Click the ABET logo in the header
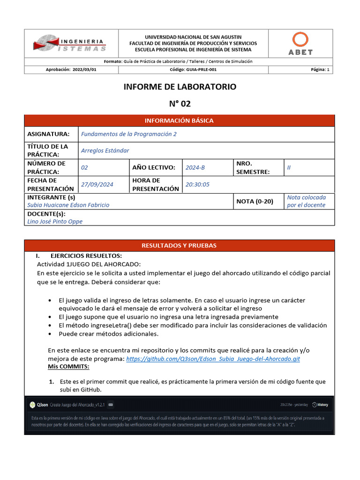[x=300, y=44]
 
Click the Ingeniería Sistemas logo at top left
[x=70, y=44]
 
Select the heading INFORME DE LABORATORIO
[x=180, y=87]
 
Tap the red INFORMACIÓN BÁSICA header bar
[x=179, y=120]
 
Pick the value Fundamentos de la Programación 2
[x=129, y=134]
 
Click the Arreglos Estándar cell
[x=105, y=150]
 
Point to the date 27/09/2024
[x=97, y=184]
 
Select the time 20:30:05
[x=197, y=184]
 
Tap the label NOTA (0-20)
[x=255, y=201]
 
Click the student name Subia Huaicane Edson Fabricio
[x=68, y=205]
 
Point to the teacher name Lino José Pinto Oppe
[x=55, y=221]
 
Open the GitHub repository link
[x=213, y=359]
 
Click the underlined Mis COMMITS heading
[x=68, y=366]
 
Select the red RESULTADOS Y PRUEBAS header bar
[x=179, y=246]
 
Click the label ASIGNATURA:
[x=48, y=134]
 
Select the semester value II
[x=289, y=167]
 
